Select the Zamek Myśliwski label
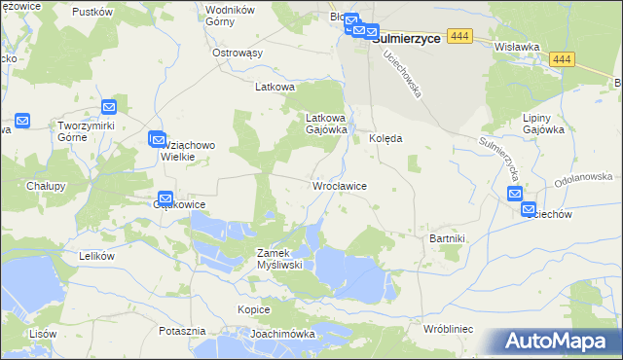coord(281,258)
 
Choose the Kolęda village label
coord(385,139)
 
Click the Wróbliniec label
coord(449,329)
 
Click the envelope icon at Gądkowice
coord(165,198)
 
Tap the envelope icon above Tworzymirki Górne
coord(109,107)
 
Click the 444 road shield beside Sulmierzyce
coord(461,36)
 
